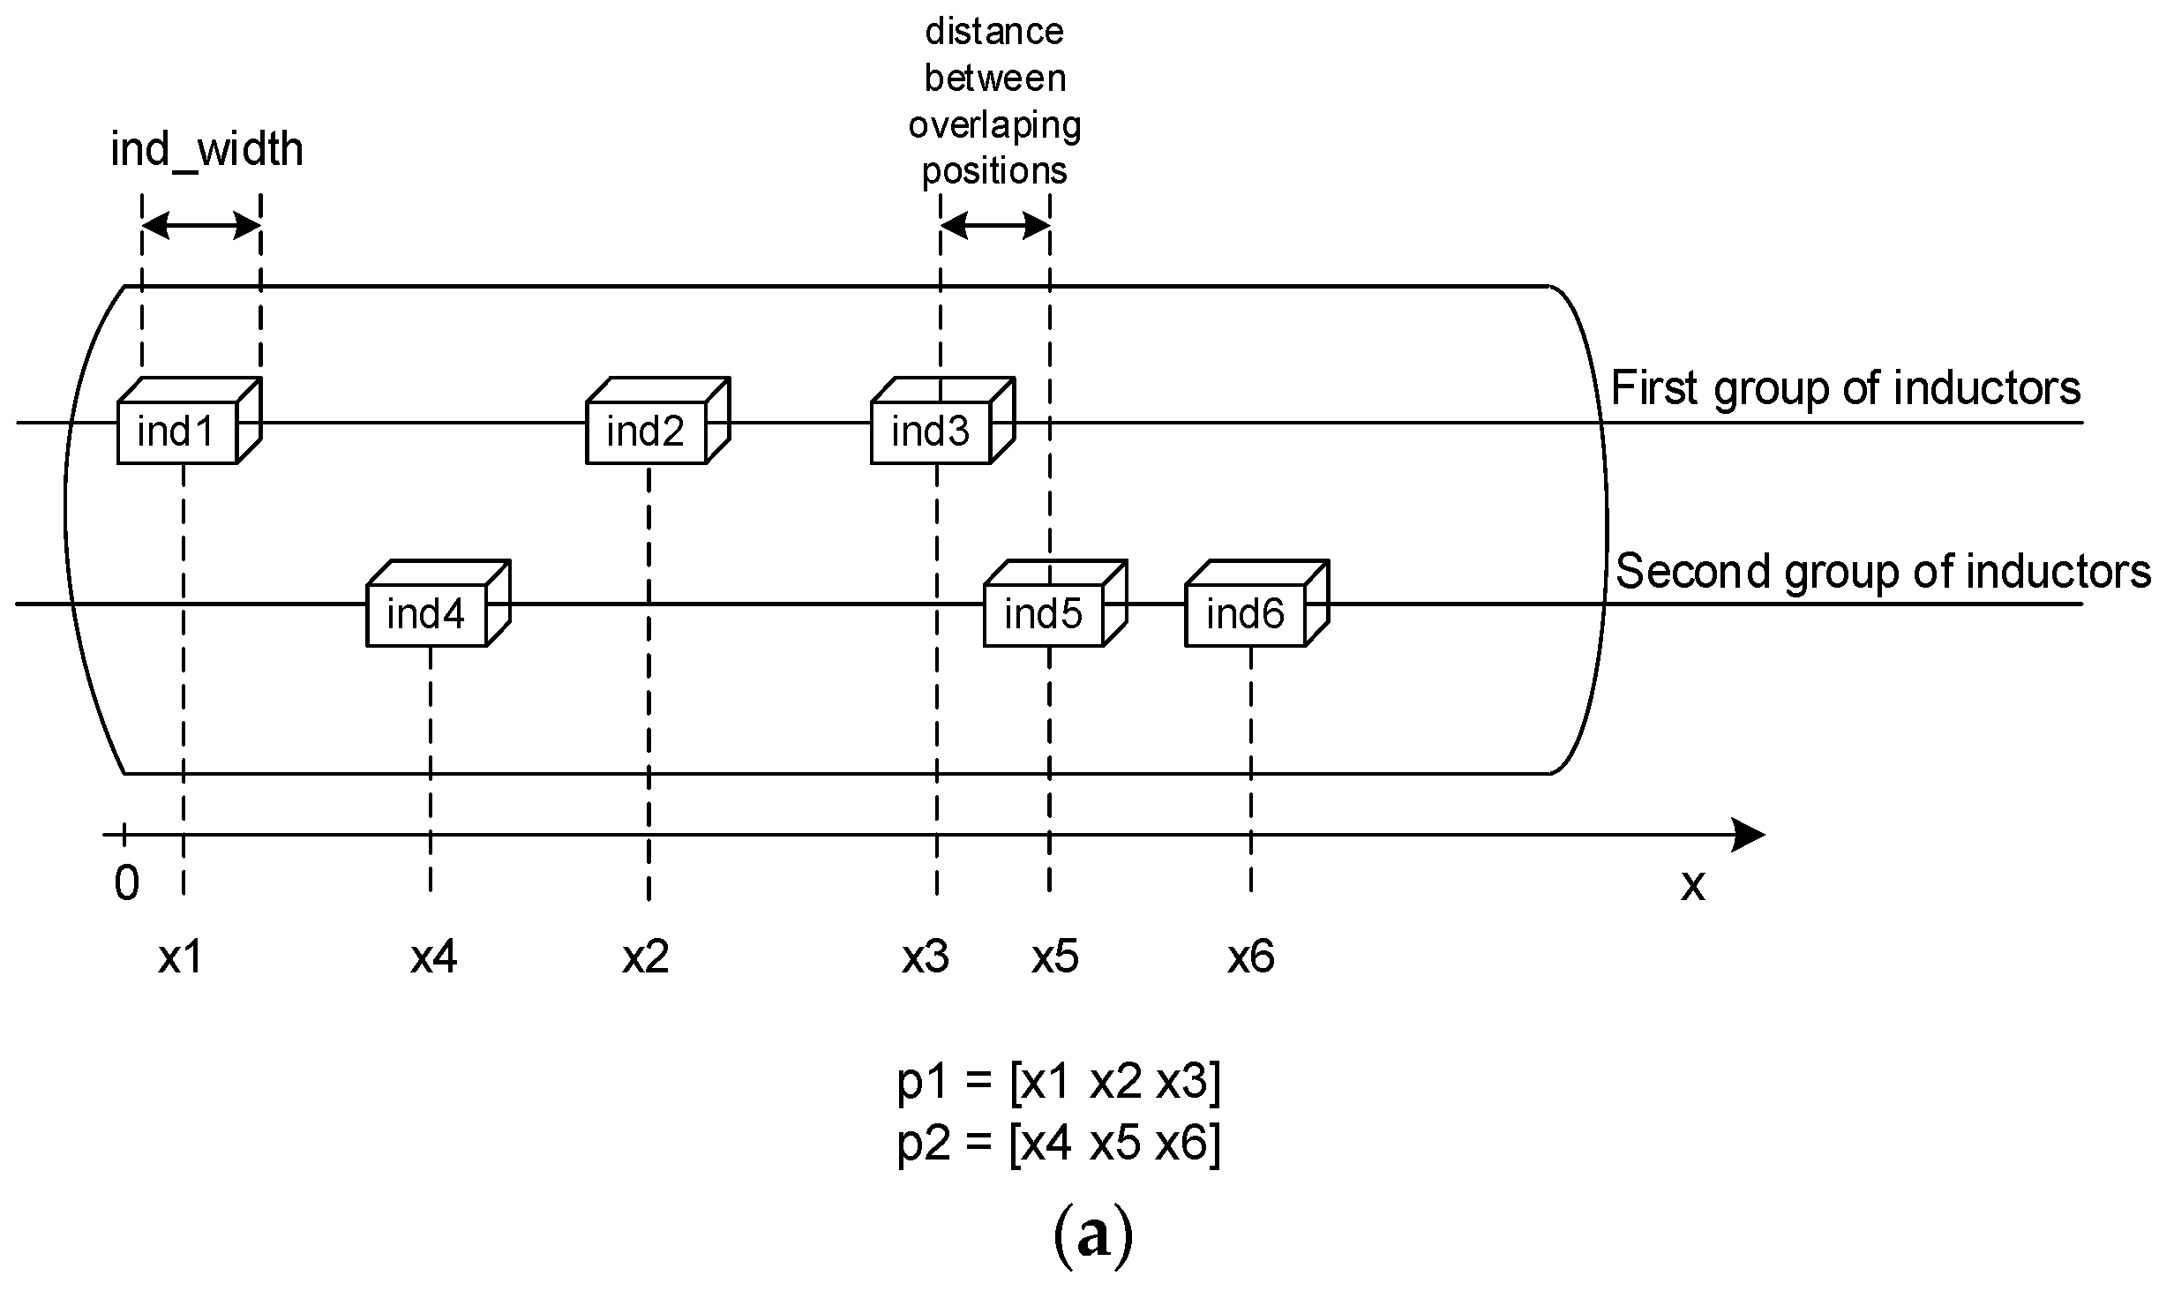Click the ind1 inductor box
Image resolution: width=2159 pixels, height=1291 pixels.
coord(178,432)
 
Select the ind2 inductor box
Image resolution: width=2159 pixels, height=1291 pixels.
coord(647,432)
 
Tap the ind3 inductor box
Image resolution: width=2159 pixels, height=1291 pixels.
coord(932,432)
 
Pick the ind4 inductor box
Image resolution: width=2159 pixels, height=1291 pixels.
coord(427,614)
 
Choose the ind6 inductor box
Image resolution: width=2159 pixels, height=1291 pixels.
coord(1246,614)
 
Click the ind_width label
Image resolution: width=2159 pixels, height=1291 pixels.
coord(206,149)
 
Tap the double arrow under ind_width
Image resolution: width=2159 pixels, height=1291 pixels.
coord(201,227)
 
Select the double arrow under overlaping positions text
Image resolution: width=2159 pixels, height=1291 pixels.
coord(995,227)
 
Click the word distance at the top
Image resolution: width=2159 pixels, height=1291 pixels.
coord(994,32)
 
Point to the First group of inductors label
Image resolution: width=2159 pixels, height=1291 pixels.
coord(1846,388)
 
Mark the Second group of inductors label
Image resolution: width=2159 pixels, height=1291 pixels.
coord(1883,571)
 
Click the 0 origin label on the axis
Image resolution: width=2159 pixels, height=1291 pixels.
coord(127,882)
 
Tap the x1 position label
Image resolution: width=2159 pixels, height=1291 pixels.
coord(181,957)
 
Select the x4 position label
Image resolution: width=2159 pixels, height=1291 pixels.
coord(433,957)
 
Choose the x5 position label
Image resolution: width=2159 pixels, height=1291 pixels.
coord(1055,957)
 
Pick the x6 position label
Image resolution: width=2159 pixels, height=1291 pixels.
coord(1251,957)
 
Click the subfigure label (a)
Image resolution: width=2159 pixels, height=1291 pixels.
coord(1093,1237)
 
